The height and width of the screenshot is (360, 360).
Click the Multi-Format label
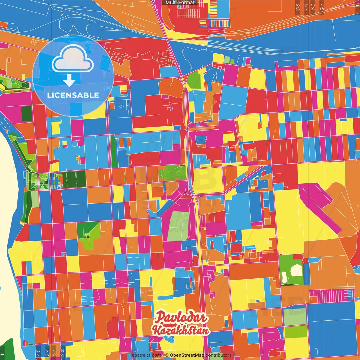point(180,3)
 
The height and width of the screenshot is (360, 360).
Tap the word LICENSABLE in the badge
point(73,95)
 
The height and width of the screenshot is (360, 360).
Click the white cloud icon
point(73,59)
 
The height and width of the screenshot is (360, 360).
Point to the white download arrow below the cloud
point(69,81)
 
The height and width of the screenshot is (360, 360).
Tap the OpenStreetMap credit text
point(187,355)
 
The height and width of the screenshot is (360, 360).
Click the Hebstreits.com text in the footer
point(145,355)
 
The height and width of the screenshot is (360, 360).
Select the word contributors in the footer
point(219,355)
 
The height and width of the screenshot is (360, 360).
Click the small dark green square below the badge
point(27,114)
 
